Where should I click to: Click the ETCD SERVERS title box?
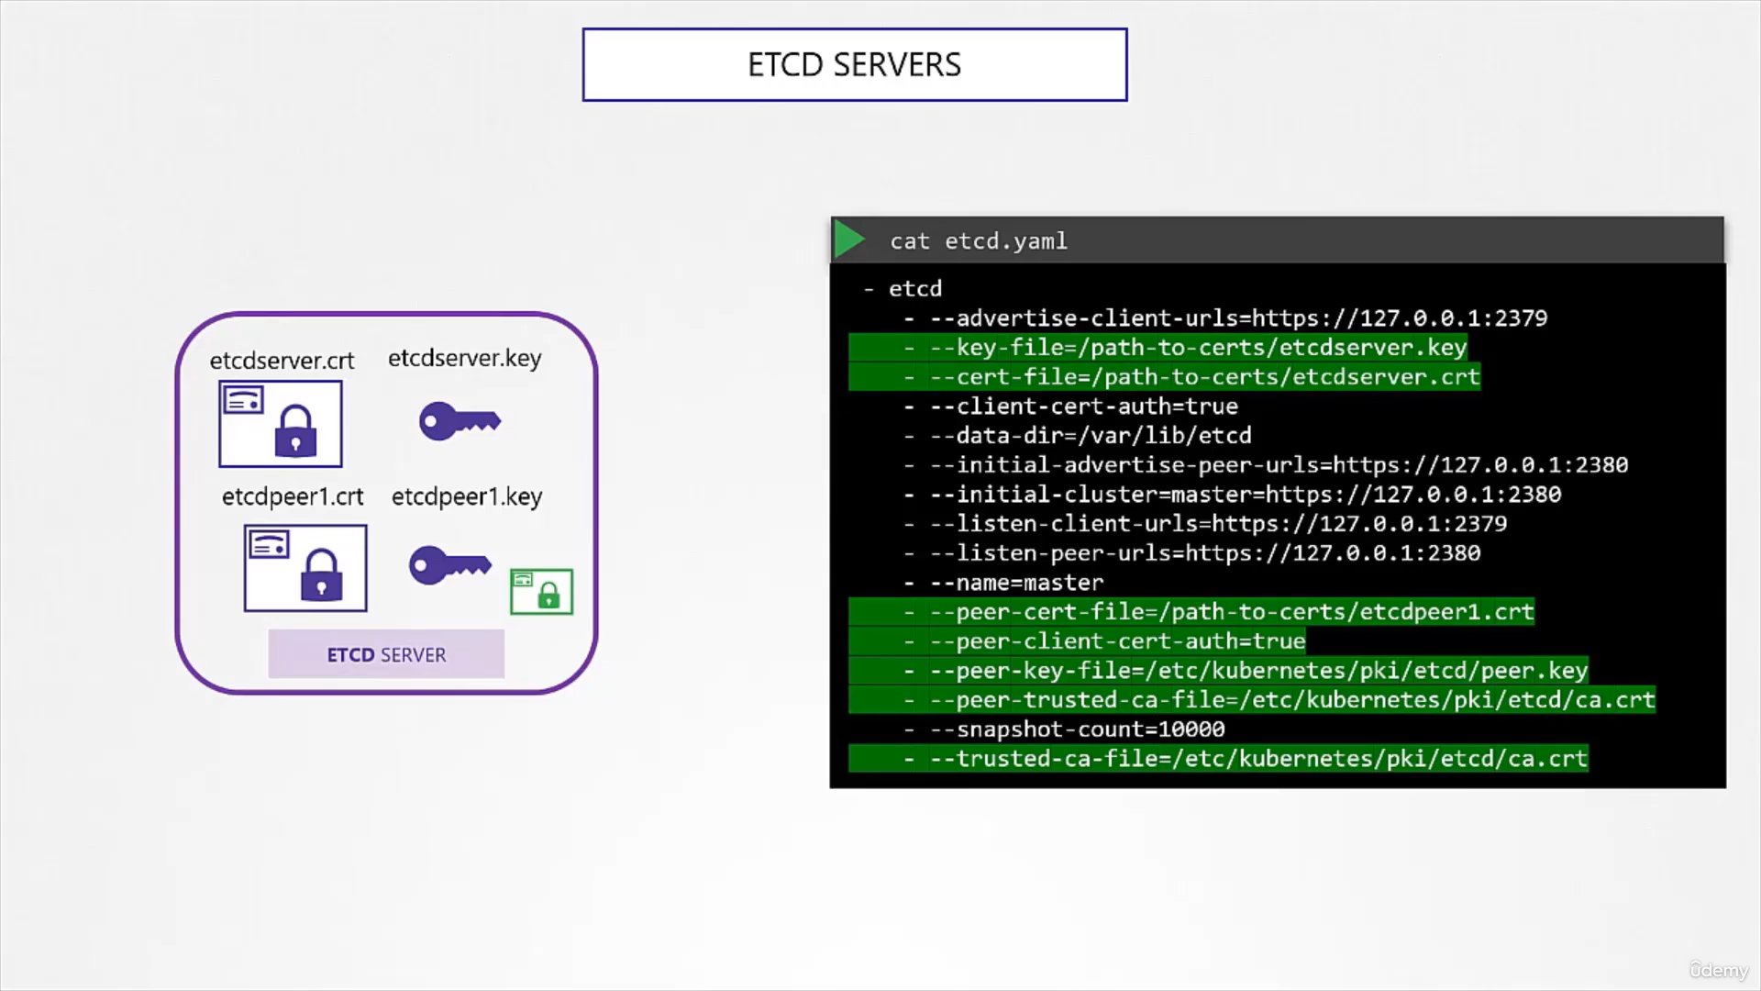click(854, 64)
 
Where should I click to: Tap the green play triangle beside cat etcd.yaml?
click(848, 239)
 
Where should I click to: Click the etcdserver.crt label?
click(282, 361)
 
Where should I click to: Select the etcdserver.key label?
click(464, 358)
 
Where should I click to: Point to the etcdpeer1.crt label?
click(293, 496)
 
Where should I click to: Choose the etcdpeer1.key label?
click(467, 496)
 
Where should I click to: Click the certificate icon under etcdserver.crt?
click(280, 424)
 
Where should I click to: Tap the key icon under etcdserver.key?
click(460, 421)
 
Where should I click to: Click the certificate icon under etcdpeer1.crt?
click(305, 568)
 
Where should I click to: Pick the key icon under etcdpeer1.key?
click(449, 565)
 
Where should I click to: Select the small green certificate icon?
click(541, 591)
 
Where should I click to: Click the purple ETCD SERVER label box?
click(386, 654)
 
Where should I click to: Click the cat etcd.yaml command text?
click(978, 240)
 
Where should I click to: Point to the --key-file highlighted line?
click(1157, 348)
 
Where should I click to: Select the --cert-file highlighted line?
click(1164, 377)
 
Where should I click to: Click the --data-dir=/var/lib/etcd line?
click(1078, 436)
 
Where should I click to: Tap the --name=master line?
click(1003, 583)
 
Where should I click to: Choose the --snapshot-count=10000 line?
click(1064, 729)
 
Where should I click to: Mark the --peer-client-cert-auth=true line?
click(1077, 641)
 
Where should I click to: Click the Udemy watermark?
click(1719, 970)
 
